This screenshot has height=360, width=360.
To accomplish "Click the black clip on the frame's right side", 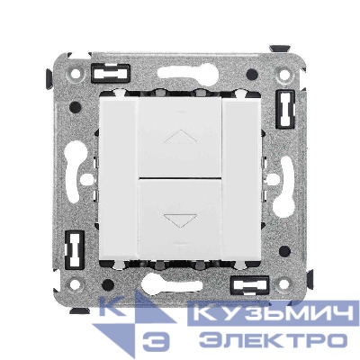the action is coord(285,109).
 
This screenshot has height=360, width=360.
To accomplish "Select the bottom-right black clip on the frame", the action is coord(249,284).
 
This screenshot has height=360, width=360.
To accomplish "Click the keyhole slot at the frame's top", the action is coord(180,73).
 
